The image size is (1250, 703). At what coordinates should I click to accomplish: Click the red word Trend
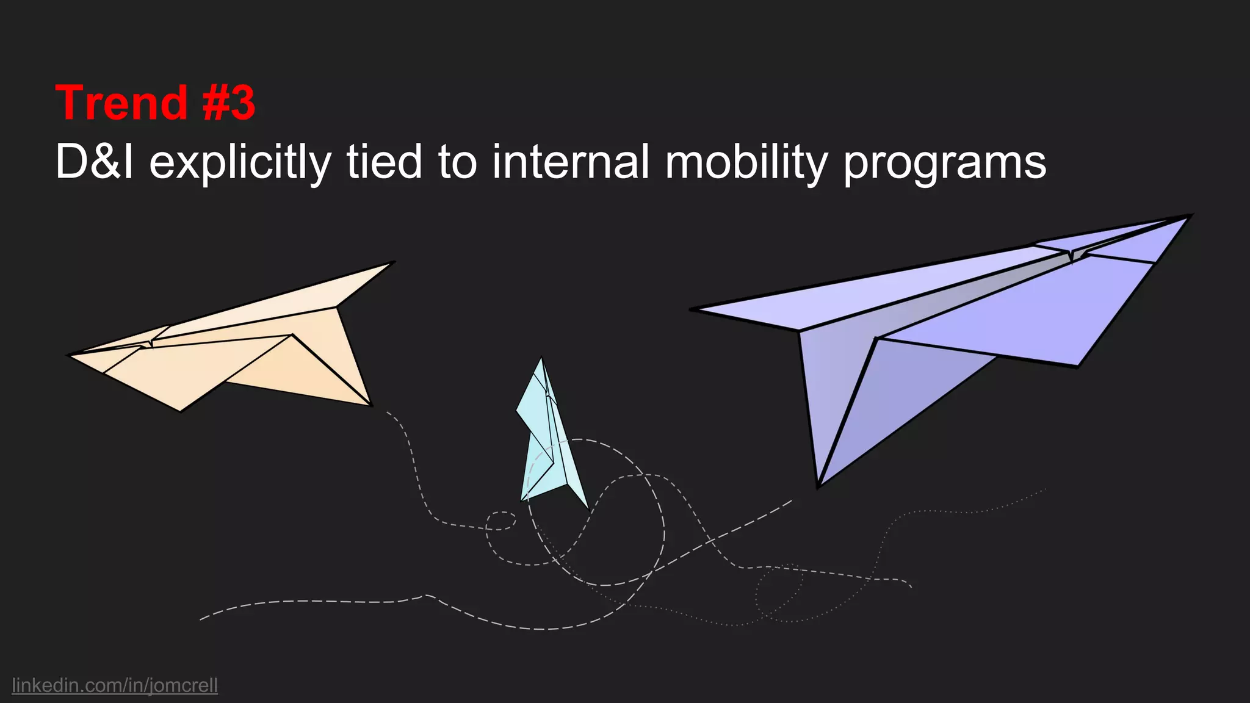click(121, 103)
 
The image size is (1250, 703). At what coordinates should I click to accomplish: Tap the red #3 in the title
click(229, 103)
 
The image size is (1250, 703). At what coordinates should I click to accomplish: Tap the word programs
click(945, 165)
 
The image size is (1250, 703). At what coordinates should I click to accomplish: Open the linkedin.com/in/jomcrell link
click(115, 685)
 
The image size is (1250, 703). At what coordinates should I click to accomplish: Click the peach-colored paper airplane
click(244, 348)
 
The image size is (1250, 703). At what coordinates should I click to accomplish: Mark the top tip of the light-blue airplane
click(541, 359)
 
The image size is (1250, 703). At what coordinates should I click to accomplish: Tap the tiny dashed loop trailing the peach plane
click(501, 521)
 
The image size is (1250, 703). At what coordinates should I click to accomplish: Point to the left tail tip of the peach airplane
click(69, 355)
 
